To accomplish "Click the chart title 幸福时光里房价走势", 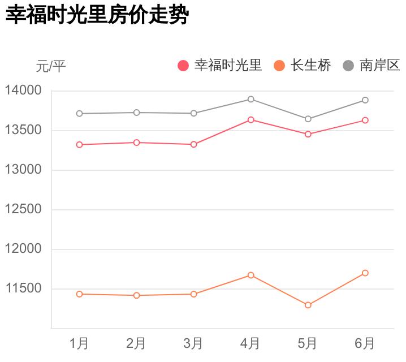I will (96, 15).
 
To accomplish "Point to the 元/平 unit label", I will (51, 66).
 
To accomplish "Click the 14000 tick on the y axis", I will (23, 90).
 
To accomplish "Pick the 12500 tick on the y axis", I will (23, 209).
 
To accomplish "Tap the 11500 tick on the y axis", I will (23, 288).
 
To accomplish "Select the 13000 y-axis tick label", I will (23, 170).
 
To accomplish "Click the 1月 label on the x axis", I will (79, 343).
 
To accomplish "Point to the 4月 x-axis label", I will (250, 343).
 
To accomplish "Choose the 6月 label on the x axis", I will (365, 343).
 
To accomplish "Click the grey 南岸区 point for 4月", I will (251, 100).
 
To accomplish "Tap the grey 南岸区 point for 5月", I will (308, 119).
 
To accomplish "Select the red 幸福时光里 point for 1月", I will (80, 145).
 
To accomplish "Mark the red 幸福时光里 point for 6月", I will (365, 120).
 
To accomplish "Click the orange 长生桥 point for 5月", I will (308, 305).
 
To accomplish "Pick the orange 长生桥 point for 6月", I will (365, 273).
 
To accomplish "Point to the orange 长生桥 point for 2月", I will (137, 295).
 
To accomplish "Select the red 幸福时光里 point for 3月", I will (194, 144).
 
